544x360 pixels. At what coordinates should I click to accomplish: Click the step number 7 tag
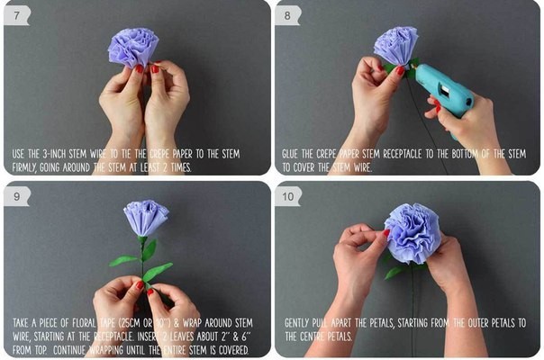click(x=16, y=15)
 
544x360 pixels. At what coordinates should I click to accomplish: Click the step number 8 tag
click(x=287, y=15)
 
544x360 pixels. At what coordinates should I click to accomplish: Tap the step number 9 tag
click(x=16, y=196)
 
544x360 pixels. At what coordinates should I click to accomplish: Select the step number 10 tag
click(x=288, y=196)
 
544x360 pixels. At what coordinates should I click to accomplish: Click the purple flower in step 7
click(x=133, y=48)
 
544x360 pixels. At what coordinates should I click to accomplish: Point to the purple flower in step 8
click(x=396, y=45)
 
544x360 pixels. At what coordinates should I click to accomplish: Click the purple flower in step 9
click(x=146, y=218)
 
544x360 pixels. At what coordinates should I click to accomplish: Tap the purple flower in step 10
click(x=413, y=233)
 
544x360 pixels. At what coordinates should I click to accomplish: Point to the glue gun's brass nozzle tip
click(x=413, y=65)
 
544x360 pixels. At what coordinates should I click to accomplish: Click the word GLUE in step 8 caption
click(x=290, y=154)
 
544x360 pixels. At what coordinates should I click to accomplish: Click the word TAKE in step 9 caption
click(x=21, y=323)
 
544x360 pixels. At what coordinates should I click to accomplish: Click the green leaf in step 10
click(x=394, y=273)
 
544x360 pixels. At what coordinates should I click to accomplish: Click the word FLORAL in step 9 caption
click(x=84, y=323)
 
